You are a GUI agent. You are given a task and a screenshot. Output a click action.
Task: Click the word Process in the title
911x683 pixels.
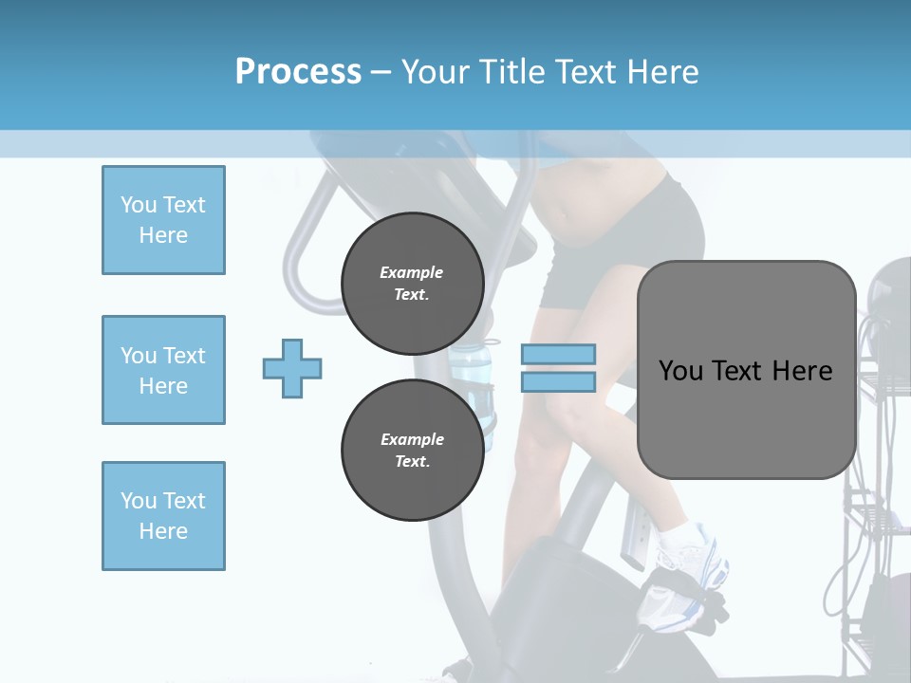(298, 72)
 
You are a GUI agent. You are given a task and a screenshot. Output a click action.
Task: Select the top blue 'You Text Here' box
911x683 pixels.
(163, 220)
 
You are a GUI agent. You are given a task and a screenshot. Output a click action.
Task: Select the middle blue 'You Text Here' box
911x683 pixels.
(163, 370)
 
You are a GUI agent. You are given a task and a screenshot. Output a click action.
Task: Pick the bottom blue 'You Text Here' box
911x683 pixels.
(163, 516)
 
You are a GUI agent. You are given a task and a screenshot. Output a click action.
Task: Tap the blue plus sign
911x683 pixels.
(292, 368)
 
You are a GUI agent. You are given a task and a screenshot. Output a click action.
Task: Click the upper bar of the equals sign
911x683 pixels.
(558, 354)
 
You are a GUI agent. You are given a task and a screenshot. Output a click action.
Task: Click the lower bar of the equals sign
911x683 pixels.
(558, 382)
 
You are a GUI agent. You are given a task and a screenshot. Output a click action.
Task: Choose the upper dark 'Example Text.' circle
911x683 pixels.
(412, 283)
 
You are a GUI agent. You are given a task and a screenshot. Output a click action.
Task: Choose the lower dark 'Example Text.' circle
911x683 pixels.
(412, 451)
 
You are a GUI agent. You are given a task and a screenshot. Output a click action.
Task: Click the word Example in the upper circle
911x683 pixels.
(412, 272)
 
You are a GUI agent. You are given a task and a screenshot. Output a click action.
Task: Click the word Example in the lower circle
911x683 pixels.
(412, 439)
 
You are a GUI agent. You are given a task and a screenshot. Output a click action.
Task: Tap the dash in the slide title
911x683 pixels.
(381, 73)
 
